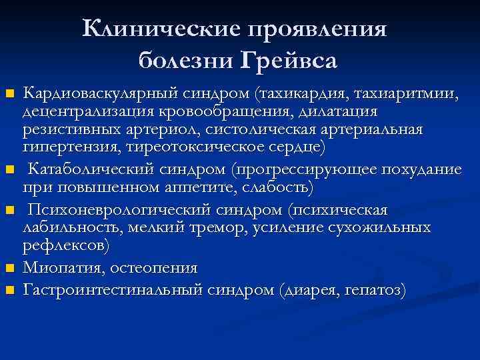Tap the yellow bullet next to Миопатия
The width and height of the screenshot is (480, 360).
9,269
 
